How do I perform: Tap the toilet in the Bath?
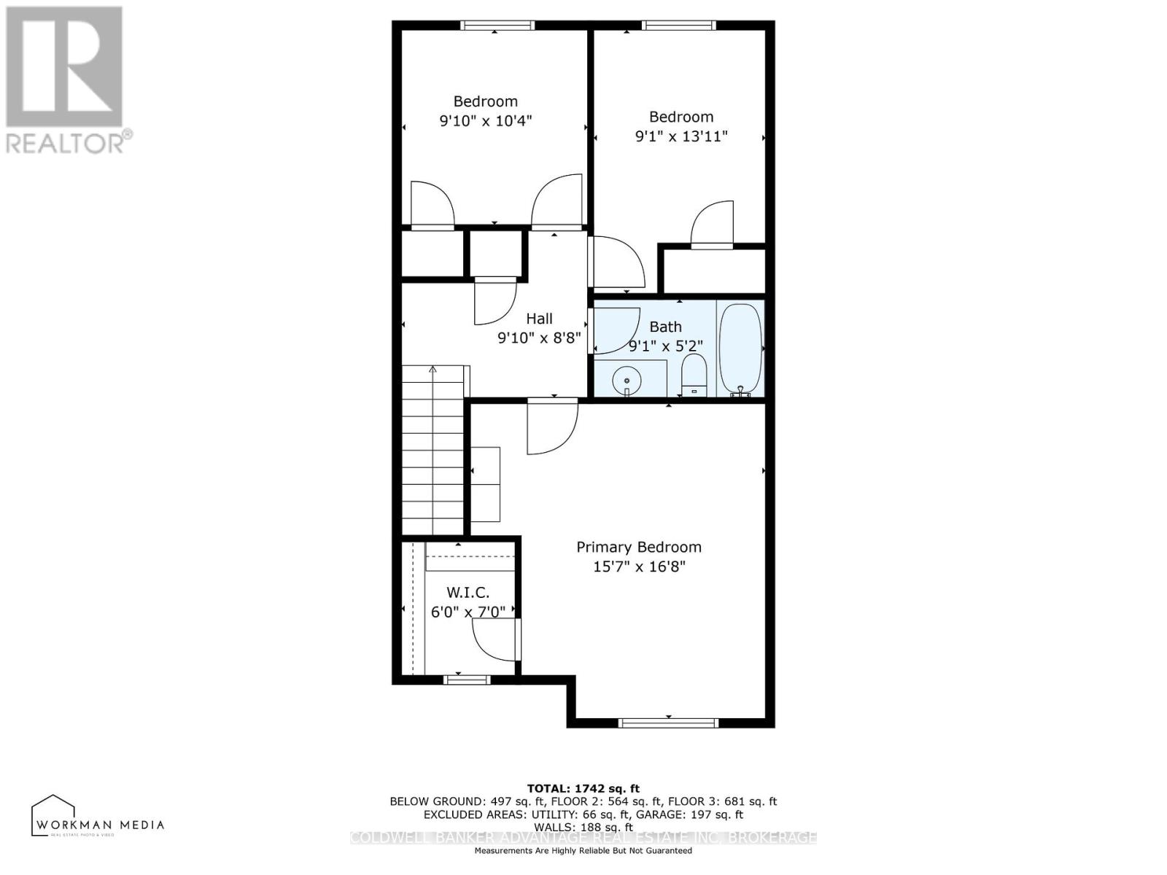pyautogui.click(x=694, y=374)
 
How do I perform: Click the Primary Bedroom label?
pyautogui.click(x=639, y=547)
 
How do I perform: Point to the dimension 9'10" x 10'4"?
pyautogui.click(x=486, y=120)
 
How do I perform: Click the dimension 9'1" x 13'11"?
pyautogui.click(x=681, y=136)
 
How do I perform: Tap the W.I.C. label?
pyautogui.click(x=468, y=593)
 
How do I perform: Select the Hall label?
pyautogui.click(x=539, y=319)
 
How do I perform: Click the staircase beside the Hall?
pyautogui.click(x=433, y=452)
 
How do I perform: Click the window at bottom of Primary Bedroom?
pyautogui.click(x=668, y=723)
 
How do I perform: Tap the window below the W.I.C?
pyautogui.click(x=467, y=680)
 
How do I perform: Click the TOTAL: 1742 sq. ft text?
pyautogui.click(x=583, y=788)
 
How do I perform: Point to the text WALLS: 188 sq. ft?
pyautogui.click(x=583, y=828)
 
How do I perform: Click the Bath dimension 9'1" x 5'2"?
pyautogui.click(x=665, y=346)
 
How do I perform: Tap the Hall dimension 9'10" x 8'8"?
pyautogui.click(x=539, y=338)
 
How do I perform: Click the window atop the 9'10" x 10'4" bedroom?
pyautogui.click(x=497, y=26)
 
